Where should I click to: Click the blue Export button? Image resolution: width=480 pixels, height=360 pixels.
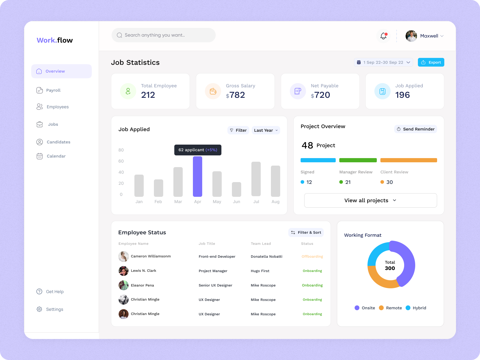coord(431,62)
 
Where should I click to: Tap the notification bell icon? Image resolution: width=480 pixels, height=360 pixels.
coord(383,36)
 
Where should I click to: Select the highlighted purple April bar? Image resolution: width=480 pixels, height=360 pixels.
coord(197,176)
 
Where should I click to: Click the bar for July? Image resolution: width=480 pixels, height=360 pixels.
coord(256,179)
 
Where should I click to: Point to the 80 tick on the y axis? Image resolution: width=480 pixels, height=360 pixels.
coord(121,150)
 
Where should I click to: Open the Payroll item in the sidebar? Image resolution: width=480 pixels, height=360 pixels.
coord(53,90)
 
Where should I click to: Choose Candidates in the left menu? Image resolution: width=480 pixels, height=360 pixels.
coord(58,142)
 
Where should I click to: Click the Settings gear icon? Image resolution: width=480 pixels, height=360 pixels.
coord(39,309)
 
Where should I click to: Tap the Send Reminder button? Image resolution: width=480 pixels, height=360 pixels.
coord(415,129)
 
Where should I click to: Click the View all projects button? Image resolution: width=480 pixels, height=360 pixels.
coord(370,200)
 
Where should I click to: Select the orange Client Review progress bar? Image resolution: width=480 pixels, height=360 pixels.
coord(408,160)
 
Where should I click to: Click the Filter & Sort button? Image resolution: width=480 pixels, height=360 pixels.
coord(306,232)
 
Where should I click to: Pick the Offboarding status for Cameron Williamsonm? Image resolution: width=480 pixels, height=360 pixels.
coord(312,256)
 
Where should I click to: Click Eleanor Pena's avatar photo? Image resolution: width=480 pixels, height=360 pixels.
coord(124,285)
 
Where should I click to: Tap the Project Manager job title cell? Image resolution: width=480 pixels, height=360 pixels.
coord(213,271)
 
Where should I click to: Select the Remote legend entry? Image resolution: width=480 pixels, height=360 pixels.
coord(390,308)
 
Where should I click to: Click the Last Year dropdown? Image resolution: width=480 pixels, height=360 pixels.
coord(266,130)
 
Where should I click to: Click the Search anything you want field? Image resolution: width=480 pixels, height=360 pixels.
coord(163,35)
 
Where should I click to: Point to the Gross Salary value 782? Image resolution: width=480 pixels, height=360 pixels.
coord(237,95)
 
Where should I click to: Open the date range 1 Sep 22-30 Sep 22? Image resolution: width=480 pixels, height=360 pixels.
coord(383,62)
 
